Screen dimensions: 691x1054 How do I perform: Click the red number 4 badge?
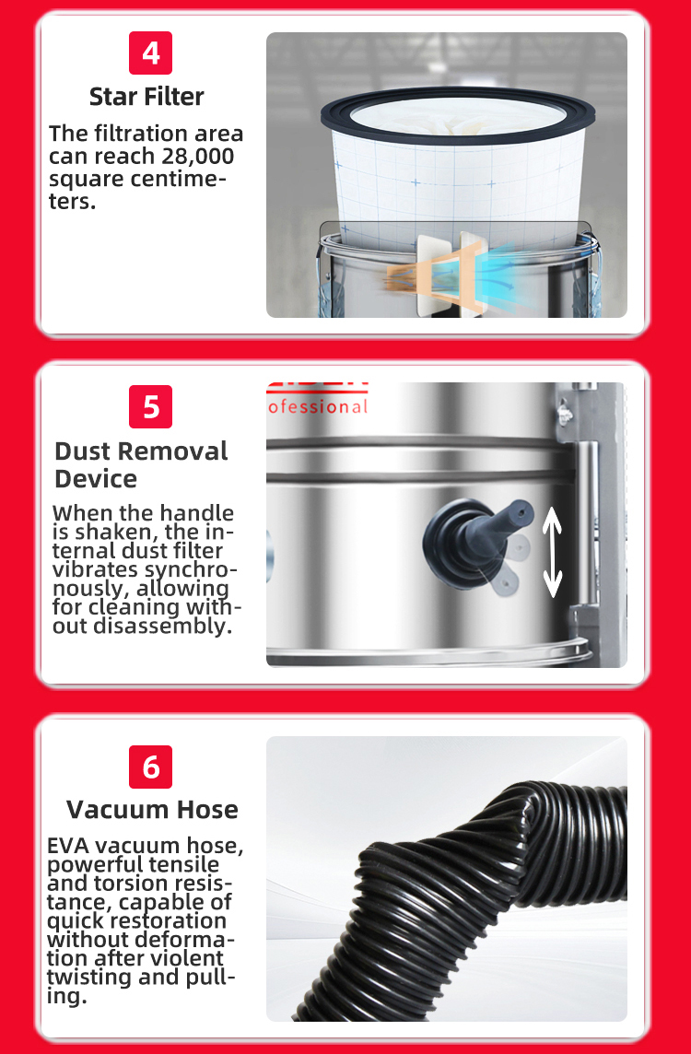click(150, 53)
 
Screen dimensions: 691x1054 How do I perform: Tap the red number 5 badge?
click(150, 406)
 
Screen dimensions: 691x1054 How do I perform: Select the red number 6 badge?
click(150, 767)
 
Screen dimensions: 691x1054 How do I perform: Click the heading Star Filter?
click(146, 97)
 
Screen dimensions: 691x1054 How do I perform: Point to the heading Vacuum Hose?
click(153, 809)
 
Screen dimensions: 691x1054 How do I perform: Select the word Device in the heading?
click(96, 479)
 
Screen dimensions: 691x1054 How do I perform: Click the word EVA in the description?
click(67, 846)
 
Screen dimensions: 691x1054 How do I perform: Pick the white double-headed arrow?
click(553, 552)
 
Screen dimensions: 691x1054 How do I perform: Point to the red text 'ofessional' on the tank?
click(317, 407)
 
